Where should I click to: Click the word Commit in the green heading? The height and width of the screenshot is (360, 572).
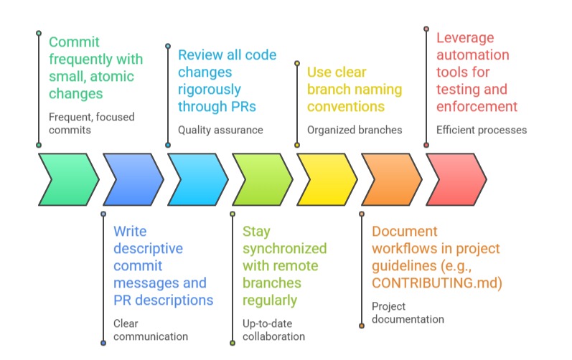click(75, 41)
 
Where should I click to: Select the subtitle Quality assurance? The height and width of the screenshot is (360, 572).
click(220, 130)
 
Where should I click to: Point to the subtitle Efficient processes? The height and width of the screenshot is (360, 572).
click(482, 130)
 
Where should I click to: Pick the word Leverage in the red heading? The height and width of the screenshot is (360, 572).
click(465, 38)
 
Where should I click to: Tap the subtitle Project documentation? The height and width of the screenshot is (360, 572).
click(408, 313)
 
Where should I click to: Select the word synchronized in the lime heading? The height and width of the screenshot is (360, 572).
click(284, 248)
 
